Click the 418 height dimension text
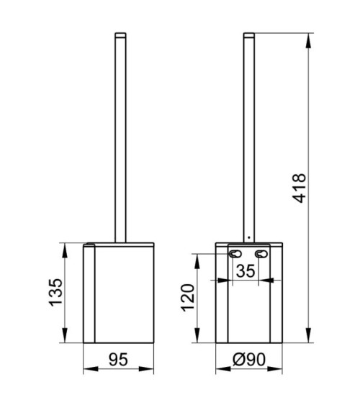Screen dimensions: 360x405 (300, 188)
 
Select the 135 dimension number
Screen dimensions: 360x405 (56, 292)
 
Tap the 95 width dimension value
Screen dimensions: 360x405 (118, 359)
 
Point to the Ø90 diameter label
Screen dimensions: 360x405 (249, 359)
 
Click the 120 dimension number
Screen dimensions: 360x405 (187, 298)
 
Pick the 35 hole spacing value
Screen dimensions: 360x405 (246, 271)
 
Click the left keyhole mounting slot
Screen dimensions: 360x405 (235, 254)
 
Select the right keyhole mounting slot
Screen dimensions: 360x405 (261, 254)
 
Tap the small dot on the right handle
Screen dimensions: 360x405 (248, 237)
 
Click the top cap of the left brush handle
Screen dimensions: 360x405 (120, 35)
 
